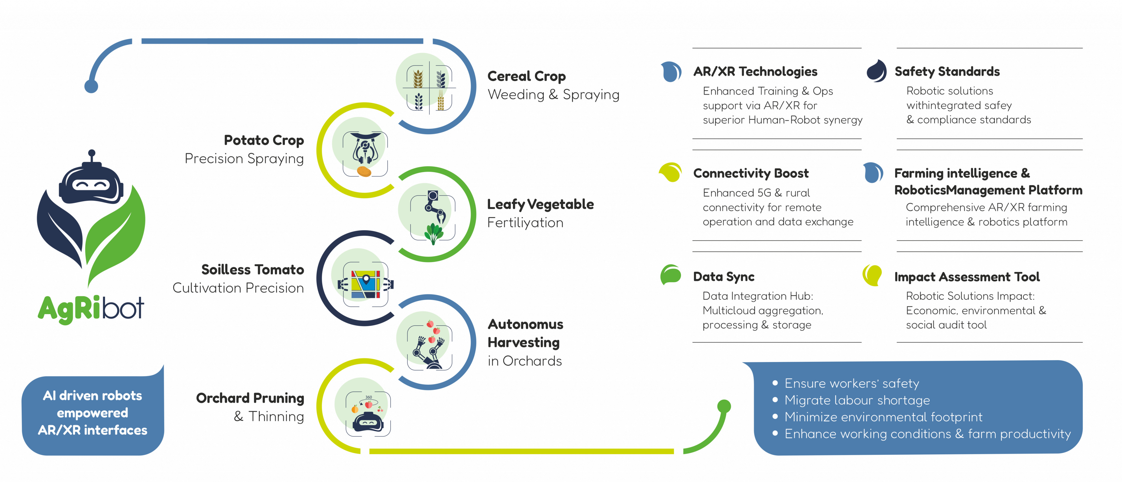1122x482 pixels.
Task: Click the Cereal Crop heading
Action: [x=526, y=76]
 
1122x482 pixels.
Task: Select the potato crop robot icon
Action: [x=365, y=154]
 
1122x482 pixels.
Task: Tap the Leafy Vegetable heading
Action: [x=540, y=204]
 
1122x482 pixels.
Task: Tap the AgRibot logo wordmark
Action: [x=91, y=308]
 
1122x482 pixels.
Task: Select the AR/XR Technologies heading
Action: [x=755, y=71]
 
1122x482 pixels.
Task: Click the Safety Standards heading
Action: [x=947, y=71]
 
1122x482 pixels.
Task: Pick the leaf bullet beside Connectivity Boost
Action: [x=671, y=172]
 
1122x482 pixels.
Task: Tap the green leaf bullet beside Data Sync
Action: [x=671, y=275]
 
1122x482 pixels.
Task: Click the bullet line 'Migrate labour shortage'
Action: [x=857, y=400]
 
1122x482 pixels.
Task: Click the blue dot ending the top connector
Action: [x=91, y=86]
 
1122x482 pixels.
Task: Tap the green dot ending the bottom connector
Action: [x=724, y=406]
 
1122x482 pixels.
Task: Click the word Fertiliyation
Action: [x=525, y=222]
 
